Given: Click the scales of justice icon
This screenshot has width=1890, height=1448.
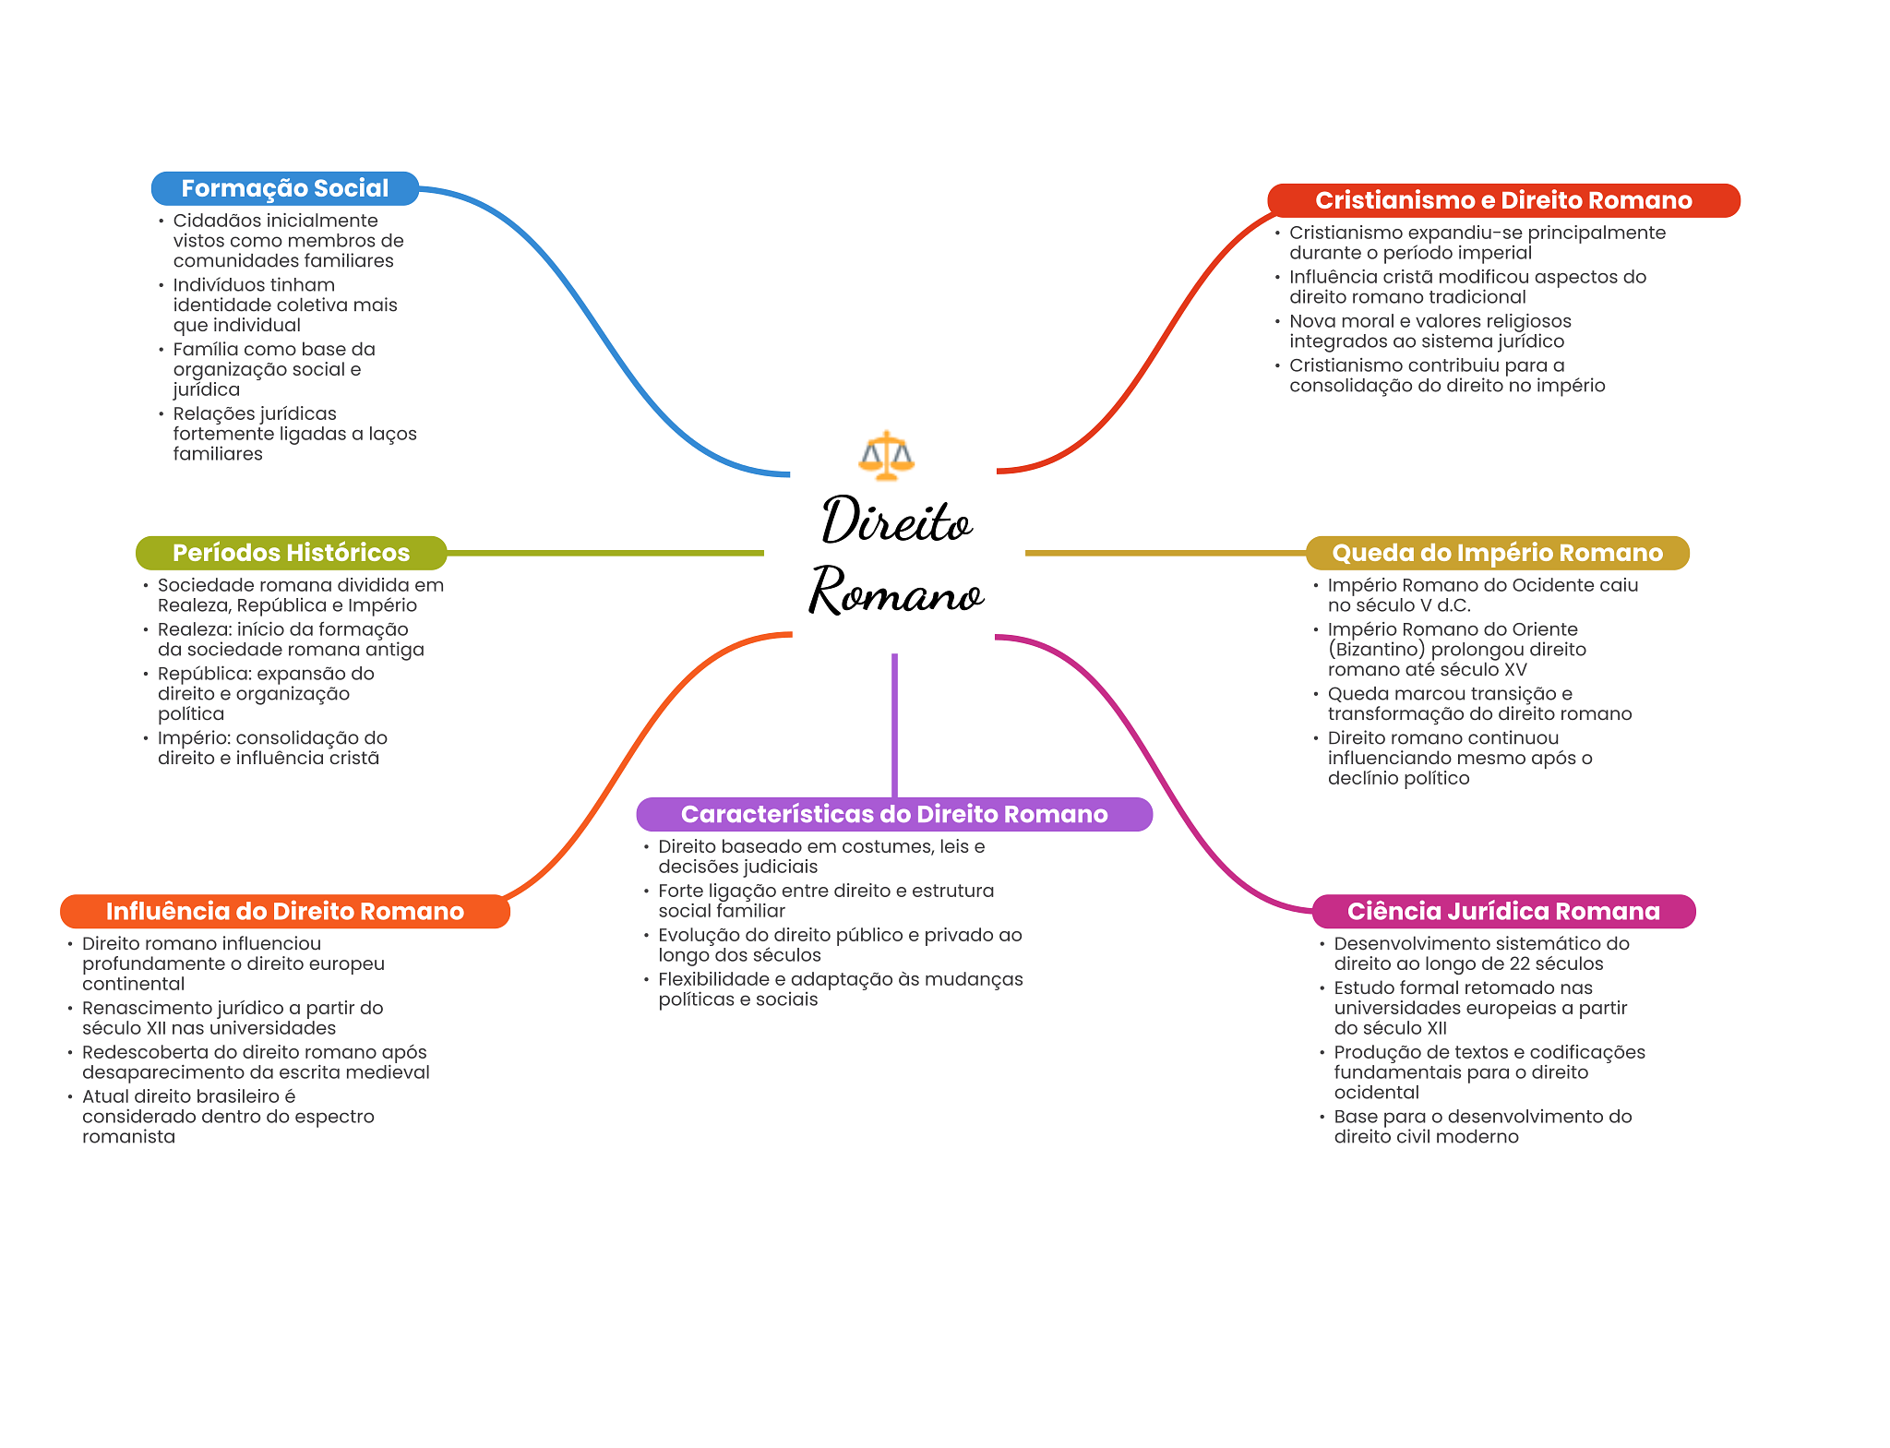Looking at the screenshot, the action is [886, 455].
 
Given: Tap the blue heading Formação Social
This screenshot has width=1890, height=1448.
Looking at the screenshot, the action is [285, 188].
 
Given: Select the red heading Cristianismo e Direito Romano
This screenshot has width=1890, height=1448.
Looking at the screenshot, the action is [1503, 200].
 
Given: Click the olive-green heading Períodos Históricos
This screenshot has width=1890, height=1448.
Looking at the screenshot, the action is [291, 553].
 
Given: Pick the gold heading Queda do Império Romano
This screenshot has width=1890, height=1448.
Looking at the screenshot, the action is [1497, 553].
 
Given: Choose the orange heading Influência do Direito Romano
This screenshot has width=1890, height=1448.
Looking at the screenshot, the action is [285, 911].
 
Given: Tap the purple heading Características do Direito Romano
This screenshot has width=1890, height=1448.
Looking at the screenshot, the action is [894, 814].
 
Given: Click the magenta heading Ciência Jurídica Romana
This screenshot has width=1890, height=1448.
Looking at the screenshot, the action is [1503, 911].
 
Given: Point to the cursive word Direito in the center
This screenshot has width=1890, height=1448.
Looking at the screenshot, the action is [896, 521].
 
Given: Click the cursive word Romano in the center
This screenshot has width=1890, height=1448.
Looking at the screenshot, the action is [896, 592].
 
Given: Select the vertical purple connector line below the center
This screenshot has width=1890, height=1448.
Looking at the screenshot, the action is [894, 725].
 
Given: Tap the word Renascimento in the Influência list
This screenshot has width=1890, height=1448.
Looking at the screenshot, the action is [138, 1008].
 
